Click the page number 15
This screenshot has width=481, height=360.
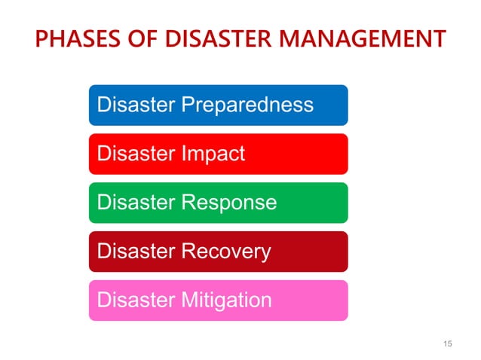click(449, 344)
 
